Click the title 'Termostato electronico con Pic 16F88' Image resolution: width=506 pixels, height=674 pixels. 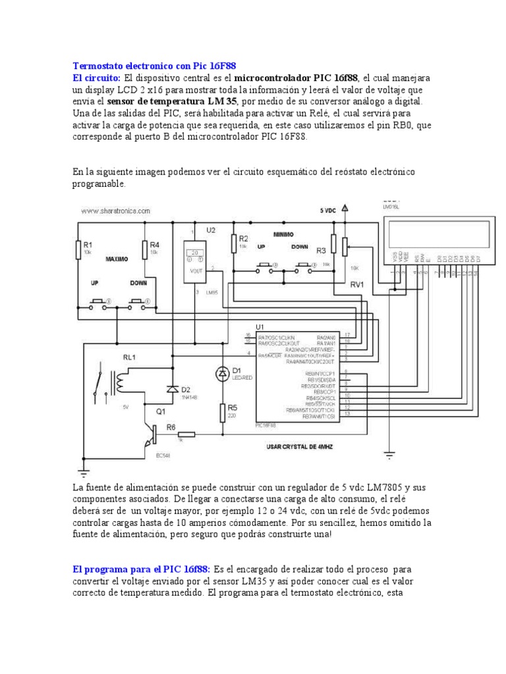154,66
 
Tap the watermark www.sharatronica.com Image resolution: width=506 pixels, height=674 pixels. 116,211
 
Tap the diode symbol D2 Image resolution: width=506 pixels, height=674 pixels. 173,389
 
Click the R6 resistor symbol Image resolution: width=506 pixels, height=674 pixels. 186,434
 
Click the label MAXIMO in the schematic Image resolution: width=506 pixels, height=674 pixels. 117,259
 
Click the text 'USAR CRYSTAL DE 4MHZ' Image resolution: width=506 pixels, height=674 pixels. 300,448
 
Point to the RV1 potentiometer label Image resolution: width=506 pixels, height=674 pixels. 357,285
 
